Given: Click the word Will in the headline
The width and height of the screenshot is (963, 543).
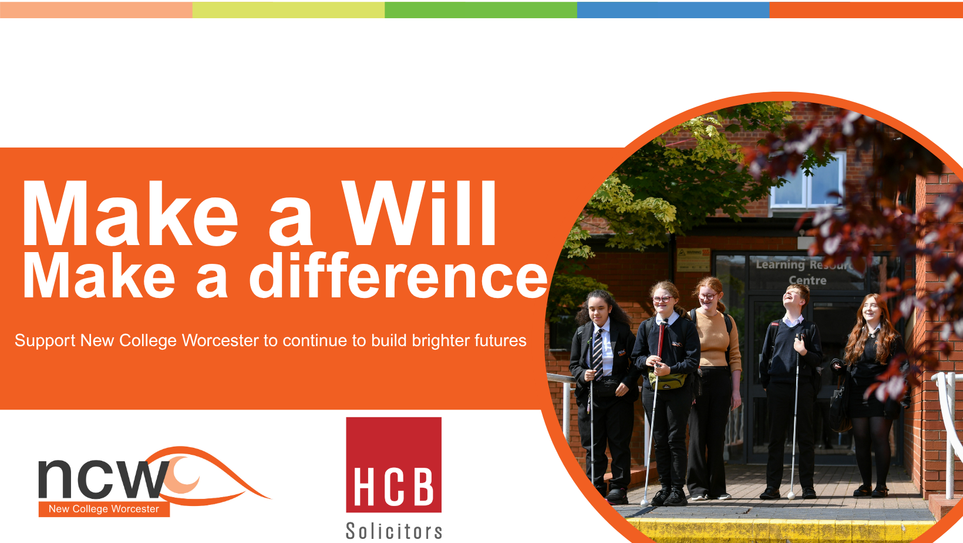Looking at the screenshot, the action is [419, 213].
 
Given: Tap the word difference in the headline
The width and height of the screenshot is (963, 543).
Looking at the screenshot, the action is [399, 276].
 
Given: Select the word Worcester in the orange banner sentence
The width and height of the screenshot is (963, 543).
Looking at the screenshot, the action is [221, 340].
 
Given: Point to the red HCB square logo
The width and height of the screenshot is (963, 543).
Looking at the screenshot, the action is [394, 465].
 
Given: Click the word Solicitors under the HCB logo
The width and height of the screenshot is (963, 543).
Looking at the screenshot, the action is [394, 531].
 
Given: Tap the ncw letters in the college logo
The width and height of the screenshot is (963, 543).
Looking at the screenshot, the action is [103, 478].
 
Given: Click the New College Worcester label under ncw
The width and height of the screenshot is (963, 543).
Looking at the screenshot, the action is [104, 509].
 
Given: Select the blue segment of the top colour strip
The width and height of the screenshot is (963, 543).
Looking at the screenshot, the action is [674, 10].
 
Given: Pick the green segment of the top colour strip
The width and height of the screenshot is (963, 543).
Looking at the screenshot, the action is [481, 10].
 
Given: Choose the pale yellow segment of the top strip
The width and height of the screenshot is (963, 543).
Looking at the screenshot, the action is [288, 10].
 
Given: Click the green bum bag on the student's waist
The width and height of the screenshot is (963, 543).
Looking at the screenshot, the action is [668, 381].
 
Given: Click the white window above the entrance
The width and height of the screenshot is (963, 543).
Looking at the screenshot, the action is [808, 181].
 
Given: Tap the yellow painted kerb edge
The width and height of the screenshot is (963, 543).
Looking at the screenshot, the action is [778, 530].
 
